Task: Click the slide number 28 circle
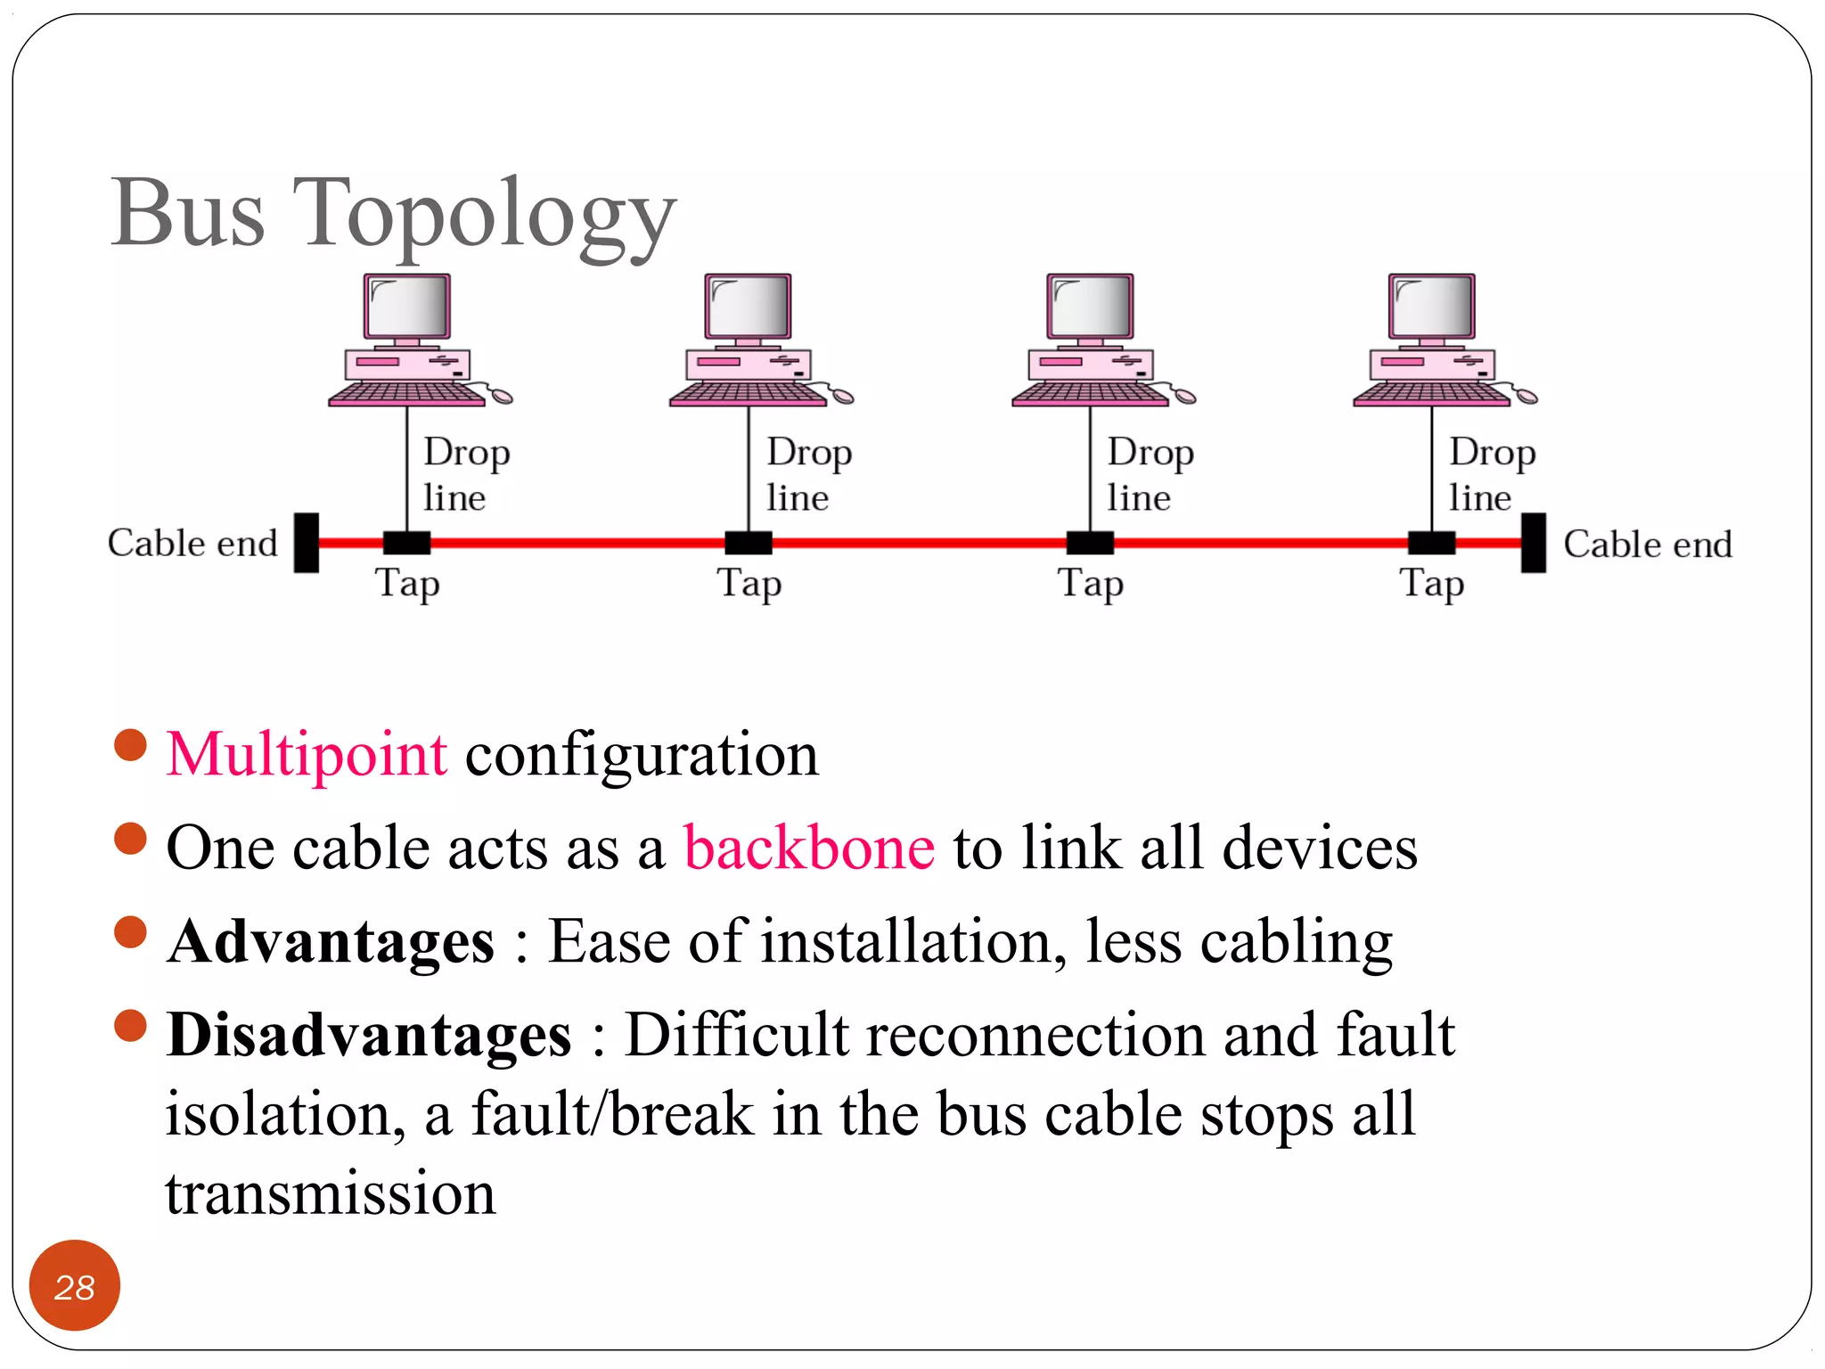pyautogui.click(x=74, y=1285)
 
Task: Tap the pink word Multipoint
pyautogui.click(x=307, y=754)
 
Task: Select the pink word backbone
pyautogui.click(x=808, y=848)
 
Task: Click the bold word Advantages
pyautogui.click(x=331, y=942)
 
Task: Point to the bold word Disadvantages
pyautogui.click(x=369, y=1036)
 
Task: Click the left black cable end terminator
pyautogui.click(x=307, y=542)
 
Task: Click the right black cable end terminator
pyautogui.click(x=1533, y=542)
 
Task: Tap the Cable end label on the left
pyautogui.click(x=192, y=543)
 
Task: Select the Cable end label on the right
pyautogui.click(x=1647, y=544)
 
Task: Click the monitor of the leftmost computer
pyautogui.click(x=407, y=306)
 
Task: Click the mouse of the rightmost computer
pyautogui.click(x=1526, y=396)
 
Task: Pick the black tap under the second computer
pyautogui.click(x=748, y=542)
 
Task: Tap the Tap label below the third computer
pyautogui.click(x=1090, y=584)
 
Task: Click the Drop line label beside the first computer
pyautogui.click(x=465, y=474)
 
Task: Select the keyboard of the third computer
pyautogui.click(x=1089, y=394)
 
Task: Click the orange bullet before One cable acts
pyautogui.click(x=130, y=839)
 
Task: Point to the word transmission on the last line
pyautogui.click(x=330, y=1194)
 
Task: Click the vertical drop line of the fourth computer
pyautogui.click(x=1431, y=468)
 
